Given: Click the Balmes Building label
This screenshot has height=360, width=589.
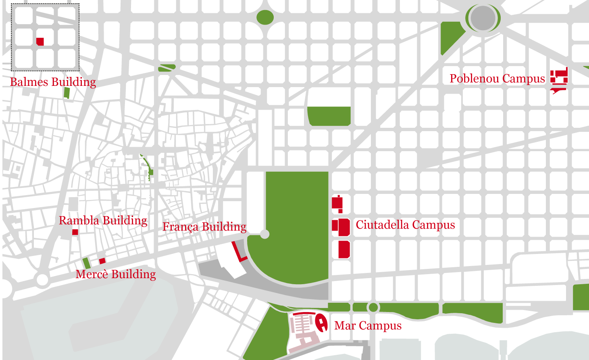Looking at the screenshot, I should pyautogui.click(x=53, y=82).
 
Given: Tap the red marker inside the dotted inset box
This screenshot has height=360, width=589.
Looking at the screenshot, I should pyautogui.click(x=40, y=42).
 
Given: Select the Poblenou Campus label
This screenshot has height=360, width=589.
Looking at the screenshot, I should pyautogui.click(x=497, y=79).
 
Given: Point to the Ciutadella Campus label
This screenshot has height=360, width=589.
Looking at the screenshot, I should pyautogui.click(x=405, y=225).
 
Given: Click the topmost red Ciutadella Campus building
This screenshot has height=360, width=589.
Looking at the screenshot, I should pyautogui.click(x=337, y=203).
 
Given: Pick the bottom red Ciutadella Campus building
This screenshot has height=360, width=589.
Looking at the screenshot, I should pyautogui.click(x=344, y=250).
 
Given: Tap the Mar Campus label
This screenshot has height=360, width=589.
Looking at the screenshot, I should pyautogui.click(x=368, y=326).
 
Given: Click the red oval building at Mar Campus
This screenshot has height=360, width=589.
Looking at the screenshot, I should pyautogui.click(x=321, y=323).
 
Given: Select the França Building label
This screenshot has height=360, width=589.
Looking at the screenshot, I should pyautogui.click(x=204, y=227).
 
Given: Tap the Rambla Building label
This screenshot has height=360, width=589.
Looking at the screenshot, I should pyautogui.click(x=103, y=221).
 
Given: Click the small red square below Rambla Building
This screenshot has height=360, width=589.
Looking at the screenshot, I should pyautogui.click(x=75, y=232).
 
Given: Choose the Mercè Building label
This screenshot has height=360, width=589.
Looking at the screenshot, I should pyautogui.click(x=116, y=275).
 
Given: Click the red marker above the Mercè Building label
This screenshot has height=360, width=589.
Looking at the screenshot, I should pyautogui.click(x=102, y=261).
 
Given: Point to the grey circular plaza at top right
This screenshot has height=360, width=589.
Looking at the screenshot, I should pyautogui.click(x=483, y=18).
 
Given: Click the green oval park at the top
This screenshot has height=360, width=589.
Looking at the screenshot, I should pyautogui.click(x=265, y=17).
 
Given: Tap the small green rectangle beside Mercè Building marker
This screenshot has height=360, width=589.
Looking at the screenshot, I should pyautogui.click(x=86, y=263).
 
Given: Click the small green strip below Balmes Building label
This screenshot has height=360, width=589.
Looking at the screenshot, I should pyautogui.click(x=67, y=93).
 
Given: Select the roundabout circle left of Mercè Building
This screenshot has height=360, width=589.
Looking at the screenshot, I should pyautogui.click(x=42, y=279).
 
